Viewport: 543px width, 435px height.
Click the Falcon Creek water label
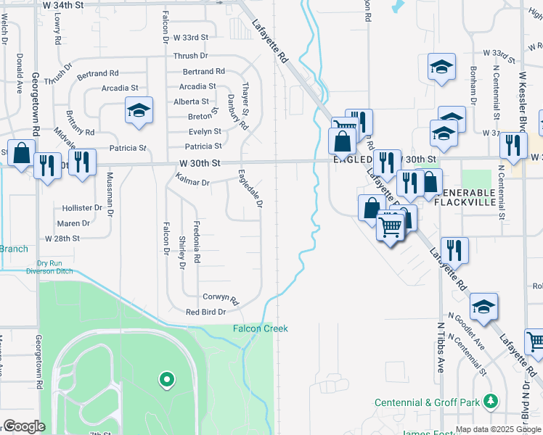click(260, 329)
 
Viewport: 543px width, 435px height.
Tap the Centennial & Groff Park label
click(428, 402)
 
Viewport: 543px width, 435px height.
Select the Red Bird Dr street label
click(206, 312)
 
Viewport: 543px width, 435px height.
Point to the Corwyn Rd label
click(221, 297)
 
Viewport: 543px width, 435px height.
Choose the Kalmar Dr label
click(192, 183)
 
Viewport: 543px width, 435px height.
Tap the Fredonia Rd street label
click(196, 242)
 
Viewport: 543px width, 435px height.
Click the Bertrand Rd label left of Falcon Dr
click(97, 73)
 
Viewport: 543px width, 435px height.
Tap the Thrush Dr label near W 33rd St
click(190, 56)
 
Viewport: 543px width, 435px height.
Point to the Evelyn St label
click(205, 131)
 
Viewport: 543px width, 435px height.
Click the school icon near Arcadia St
click(139, 111)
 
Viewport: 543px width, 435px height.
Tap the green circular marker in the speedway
click(166, 378)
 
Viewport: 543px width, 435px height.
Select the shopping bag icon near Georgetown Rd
click(23, 154)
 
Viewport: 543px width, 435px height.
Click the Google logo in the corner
click(23, 426)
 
